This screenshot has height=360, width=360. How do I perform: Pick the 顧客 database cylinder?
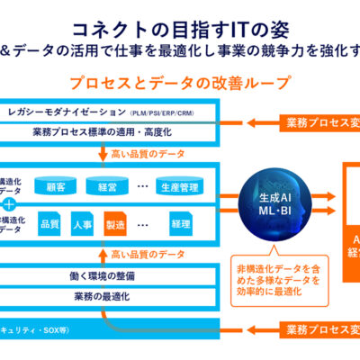(56, 186)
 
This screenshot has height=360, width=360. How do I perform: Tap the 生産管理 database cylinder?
(178, 186)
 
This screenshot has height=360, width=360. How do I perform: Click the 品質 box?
(49, 223)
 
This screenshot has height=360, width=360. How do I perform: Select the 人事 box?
(81, 223)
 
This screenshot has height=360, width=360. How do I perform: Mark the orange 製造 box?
(115, 223)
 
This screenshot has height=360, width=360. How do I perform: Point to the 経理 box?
(180, 223)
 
